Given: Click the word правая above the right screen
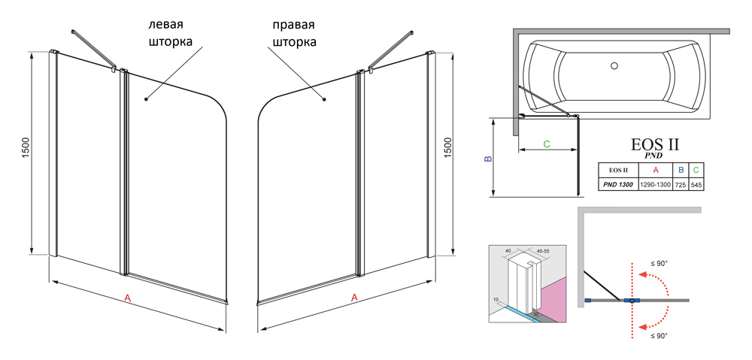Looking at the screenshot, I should (x=293, y=24).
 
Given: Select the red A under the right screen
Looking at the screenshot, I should (x=354, y=298).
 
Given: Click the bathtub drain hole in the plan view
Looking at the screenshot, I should (x=614, y=66).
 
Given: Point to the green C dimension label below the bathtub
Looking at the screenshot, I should (x=547, y=144).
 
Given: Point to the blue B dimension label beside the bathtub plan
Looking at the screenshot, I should (x=487, y=159).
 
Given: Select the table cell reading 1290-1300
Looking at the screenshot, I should (x=655, y=184).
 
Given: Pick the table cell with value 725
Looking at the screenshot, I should (x=680, y=184).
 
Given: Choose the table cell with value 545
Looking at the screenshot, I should (x=696, y=184).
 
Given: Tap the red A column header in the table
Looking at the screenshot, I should (x=655, y=171).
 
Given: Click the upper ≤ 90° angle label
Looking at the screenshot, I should (x=659, y=264).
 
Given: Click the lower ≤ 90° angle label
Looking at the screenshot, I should (x=659, y=336).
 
